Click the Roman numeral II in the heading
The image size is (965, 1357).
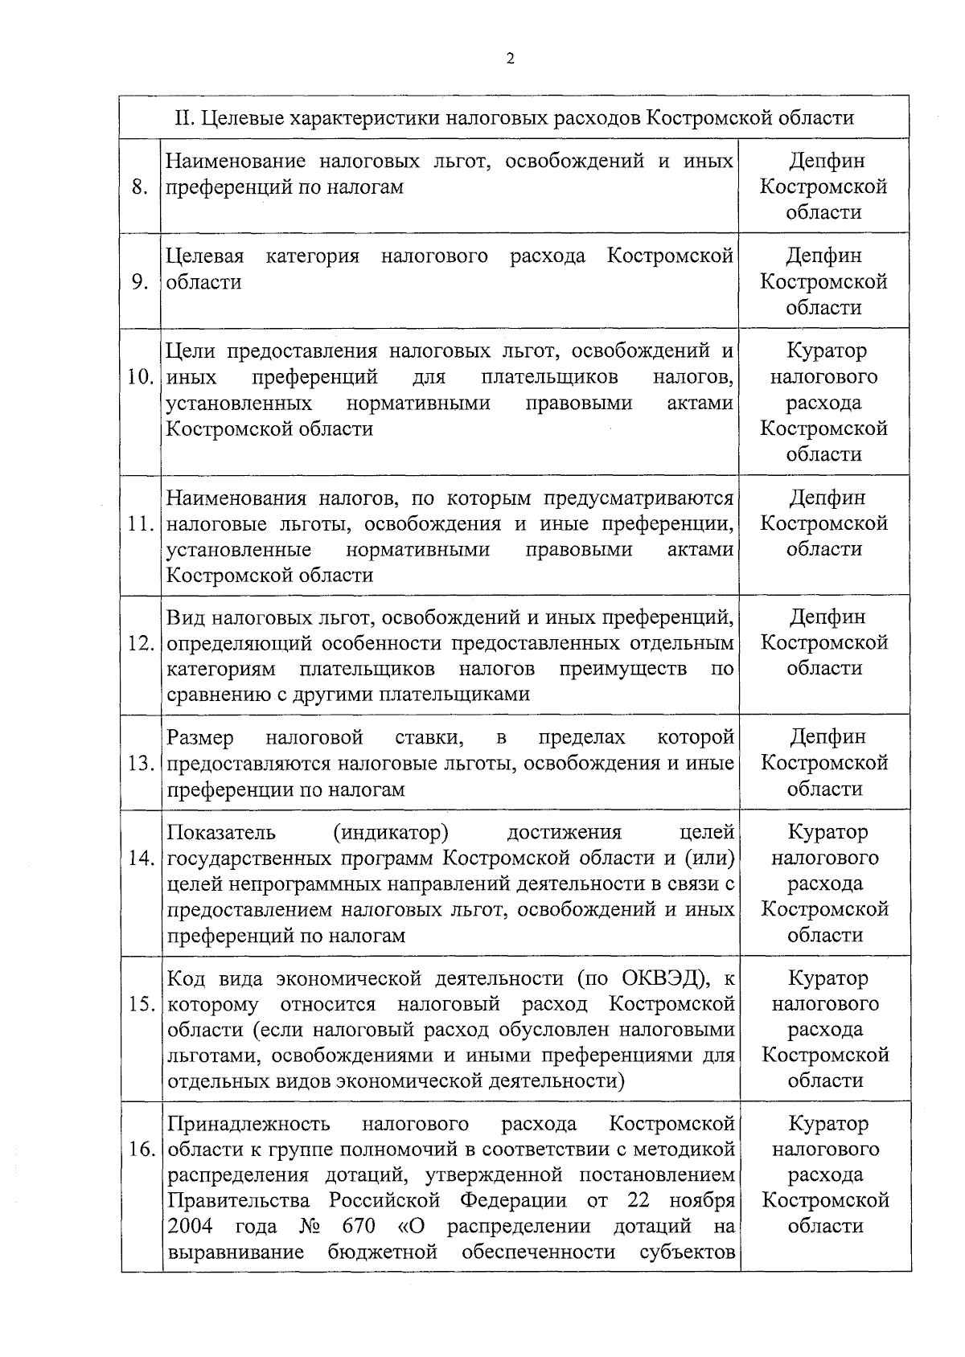pyautogui.click(x=184, y=118)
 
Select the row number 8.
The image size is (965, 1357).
pyautogui.click(x=140, y=187)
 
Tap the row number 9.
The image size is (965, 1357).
pyautogui.click(x=140, y=282)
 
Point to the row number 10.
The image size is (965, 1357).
pyautogui.click(x=141, y=377)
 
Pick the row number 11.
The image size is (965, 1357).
pyautogui.click(x=141, y=524)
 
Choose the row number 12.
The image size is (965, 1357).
pyautogui.click(x=141, y=644)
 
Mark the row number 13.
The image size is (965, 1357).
pyautogui.click(x=141, y=764)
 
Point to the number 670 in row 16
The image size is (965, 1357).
pyautogui.click(x=359, y=1227)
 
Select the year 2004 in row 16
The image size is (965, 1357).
pyautogui.click(x=190, y=1227)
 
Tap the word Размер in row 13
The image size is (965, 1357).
pyautogui.click(x=200, y=738)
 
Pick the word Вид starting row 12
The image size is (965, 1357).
pyautogui.click(x=184, y=618)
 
